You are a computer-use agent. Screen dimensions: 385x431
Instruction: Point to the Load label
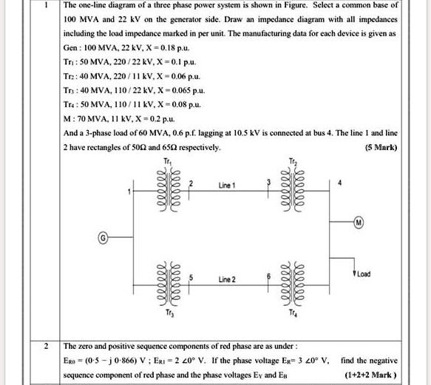pos(363,274)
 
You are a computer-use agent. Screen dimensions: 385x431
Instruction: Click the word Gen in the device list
pos(71,47)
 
